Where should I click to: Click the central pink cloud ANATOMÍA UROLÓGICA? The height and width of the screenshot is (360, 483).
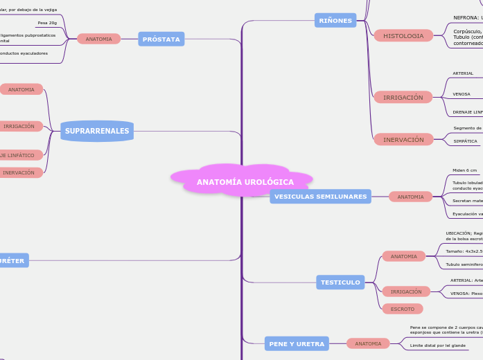click(245, 182)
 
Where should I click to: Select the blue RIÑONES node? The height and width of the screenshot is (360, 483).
click(335, 21)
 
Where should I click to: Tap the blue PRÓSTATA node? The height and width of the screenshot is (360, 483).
click(161, 39)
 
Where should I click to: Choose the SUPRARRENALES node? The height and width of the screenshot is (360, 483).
click(97, 131)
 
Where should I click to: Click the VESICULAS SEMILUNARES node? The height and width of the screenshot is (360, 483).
click(320, 197)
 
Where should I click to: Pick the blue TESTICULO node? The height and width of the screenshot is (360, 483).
click(340, 282)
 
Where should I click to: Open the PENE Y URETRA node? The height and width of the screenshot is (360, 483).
click(295, 343)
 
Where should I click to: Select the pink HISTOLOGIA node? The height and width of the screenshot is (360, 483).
click(403, 35)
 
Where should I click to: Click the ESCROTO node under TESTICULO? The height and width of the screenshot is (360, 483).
click(402, 309)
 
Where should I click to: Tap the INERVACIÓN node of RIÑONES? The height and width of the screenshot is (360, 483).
click(403, 140)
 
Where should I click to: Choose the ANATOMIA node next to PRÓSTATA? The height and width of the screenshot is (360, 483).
click(98, 39)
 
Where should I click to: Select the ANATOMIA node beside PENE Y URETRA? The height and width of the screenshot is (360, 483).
click(368, 343)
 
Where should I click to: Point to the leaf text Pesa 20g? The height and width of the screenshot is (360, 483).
click(47, 23)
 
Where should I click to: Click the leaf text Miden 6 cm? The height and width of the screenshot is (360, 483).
click(464, 170)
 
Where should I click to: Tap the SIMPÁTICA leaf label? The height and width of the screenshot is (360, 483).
click(465, 141)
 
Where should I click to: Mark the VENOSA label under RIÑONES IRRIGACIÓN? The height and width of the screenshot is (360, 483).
click(462, 94)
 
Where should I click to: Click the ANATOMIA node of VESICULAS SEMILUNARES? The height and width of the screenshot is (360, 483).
click(410, 197)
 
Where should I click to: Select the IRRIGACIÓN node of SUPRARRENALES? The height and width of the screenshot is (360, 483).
click(19, 127)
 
